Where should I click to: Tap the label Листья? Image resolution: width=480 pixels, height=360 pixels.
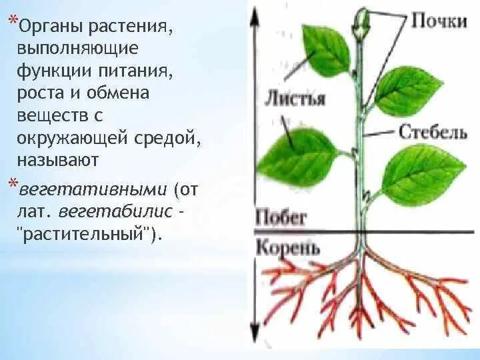coord(295,98)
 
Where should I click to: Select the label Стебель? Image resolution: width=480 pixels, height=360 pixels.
coord(433,131)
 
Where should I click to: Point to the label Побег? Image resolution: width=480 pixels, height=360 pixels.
coord(281,217)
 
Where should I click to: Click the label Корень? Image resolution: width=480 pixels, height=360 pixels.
coord(287,247)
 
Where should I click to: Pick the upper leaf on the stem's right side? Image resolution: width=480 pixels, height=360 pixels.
coord(407,90)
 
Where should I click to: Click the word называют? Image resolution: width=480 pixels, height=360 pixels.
coord(59,161)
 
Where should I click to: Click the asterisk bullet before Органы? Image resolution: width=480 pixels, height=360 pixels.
coord(13,22)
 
